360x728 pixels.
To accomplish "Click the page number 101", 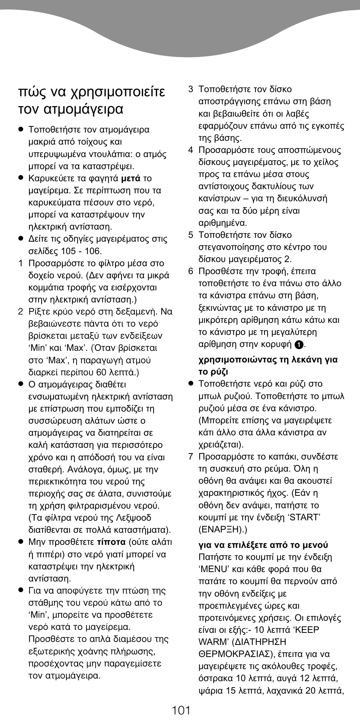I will pyautogui.click(x=181, y=710).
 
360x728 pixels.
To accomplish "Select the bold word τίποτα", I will pyautogui.click(x=111, y=542).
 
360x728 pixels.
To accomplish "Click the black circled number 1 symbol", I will pyautogui.click(x=299, y=345).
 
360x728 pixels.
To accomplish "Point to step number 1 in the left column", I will pyautogui.click(x=21, y=263).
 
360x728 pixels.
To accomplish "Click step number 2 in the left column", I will pyautogui.click(x=21, y=312).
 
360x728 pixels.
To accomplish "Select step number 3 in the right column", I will pyautogui.click(x=191, y=89).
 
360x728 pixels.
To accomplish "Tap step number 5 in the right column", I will pyautogui.click(x=191, y=235).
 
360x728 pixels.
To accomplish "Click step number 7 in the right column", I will pyautogui.click(x=191, y=457).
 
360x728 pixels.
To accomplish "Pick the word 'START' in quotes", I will pyautogui.click(x=304, y=517).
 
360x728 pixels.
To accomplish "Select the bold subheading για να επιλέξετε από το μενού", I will pyautogui.click(x=263, y=545).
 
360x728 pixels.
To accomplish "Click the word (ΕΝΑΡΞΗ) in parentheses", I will pyautogui.click(x=223, y=530).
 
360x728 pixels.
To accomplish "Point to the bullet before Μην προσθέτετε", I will pyautogui.click(x=21, y=542).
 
